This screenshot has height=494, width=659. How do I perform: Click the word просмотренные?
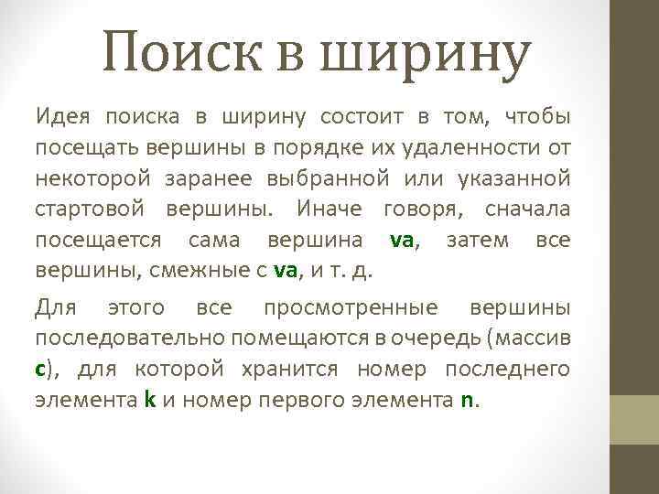pos(351,306)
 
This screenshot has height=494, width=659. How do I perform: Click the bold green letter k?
pos(149,400)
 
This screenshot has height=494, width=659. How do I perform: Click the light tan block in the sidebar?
pos(634,420)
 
